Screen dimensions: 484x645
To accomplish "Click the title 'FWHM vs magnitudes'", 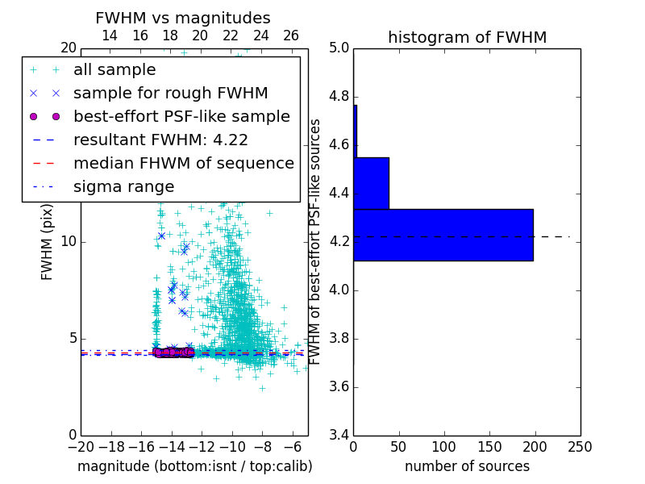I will click(x=183, y=18).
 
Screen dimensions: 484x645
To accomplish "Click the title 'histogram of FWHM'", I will click(x=467, y=37).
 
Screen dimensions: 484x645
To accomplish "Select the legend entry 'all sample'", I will click(x=114, y=69).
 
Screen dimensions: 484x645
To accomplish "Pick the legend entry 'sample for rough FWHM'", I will click(x=171, y=93).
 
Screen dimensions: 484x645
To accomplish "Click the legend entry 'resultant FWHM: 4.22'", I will click(x=160, y=140).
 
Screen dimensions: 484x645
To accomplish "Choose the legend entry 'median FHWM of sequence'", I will click(x=184, y=163).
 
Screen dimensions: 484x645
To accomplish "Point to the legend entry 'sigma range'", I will click(x=123, y=186).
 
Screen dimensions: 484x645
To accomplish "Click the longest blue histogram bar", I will click(x=443, y=235).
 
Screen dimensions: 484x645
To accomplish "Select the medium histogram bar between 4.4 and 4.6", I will click(x=371, y=183).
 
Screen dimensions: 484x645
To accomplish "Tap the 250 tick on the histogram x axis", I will click(x=580, y=447).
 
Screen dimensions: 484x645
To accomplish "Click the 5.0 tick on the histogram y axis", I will click(x=338, y=48).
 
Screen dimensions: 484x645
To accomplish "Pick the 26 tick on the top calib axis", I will click(x=291, y=35).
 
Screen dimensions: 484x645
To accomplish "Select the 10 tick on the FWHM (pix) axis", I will click(x=69, y=242).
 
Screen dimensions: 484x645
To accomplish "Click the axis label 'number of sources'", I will click(x=467, y=466).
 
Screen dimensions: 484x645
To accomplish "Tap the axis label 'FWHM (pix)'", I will click(x=48, y=242).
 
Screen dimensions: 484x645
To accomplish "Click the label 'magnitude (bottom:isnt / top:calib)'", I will click(x=194, y=466).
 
